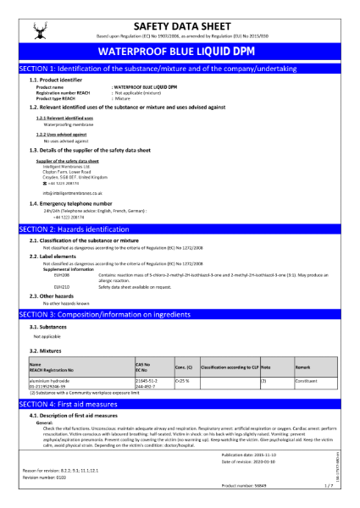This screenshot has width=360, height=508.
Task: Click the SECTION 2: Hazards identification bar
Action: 179,206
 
